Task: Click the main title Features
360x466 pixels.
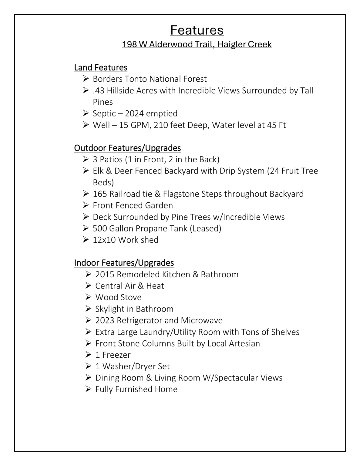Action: click(197, 30)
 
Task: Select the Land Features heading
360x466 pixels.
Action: click(101, 67)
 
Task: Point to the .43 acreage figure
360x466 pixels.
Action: click(99, 90)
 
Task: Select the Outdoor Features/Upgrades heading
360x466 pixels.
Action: click(127, 148)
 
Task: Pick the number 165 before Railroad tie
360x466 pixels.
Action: click(100, 194)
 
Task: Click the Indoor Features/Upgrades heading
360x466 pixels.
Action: click(124, 263)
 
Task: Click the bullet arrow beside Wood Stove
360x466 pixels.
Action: click(88, 297)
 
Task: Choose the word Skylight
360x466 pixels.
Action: click(110, 309)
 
